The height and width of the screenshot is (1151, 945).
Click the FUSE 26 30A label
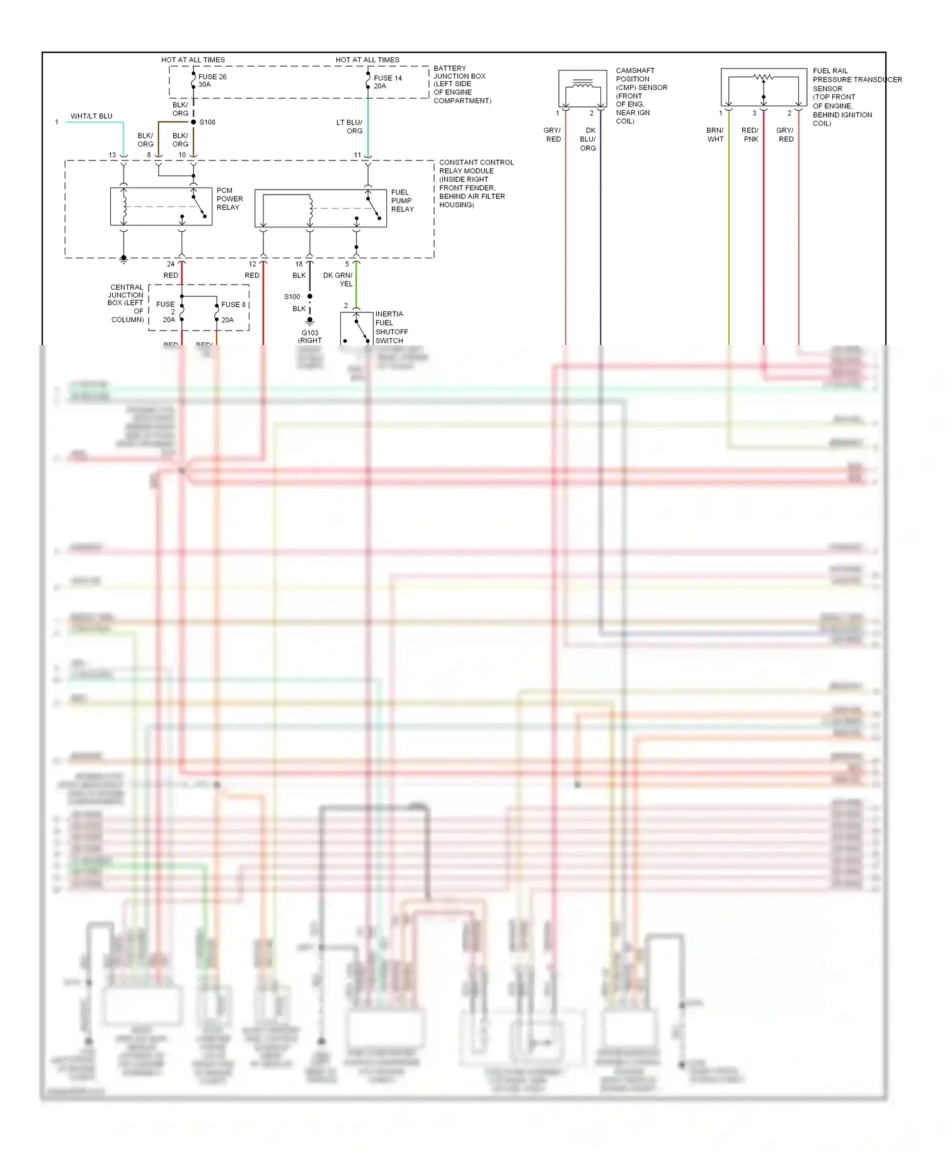pyautogui.click(x=212, y=81)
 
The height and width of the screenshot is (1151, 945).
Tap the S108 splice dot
pyautogui.click(x=193, y=122)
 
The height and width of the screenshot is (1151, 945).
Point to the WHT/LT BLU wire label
pyautogui.click(x=91, y=116)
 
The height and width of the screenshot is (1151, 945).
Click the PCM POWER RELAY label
pyautogui.click(x=229, y=199)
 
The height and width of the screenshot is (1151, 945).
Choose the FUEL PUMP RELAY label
pyautogui.click(x=402, y=201)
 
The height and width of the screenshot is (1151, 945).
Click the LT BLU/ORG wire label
pyautogui.click(x=350, y=127)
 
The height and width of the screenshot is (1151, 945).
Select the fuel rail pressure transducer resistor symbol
pyautogui.click(x=764, y=77)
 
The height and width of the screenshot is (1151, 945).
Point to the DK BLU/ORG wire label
pyautogui.click(x=588, y=139)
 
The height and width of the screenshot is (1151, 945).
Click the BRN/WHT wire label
pyautogui.click(x=715, y=135)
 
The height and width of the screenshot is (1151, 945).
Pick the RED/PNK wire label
pyautogui.click(x=750, y=135)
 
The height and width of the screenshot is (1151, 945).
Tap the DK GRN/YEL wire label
pyautogui.click(x=338, y=280)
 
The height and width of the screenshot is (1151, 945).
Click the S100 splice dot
pyautogui.click(x=309, y=296)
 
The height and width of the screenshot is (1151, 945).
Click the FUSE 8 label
pyautogui.click(x=233, y=305)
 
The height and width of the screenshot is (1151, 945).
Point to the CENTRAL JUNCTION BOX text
pyautogui.click(x=126, y=303)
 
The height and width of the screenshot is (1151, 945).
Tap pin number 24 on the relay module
pyautogui.click(x=171, y=264)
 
